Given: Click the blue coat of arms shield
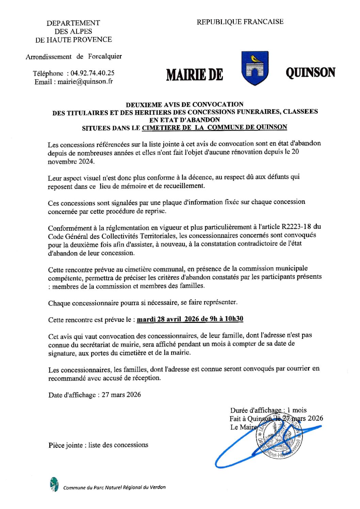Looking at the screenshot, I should tap(255, 68).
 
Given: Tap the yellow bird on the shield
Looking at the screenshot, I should tap(255, 59).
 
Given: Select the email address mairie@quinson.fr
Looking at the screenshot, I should tap(85, 82).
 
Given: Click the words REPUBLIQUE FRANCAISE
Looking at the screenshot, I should tap(240, 22).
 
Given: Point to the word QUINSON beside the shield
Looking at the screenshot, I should tap(310, 72).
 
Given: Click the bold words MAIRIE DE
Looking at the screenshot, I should tap(194, 75).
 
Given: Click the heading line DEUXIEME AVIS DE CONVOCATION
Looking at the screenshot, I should tap(185, 104).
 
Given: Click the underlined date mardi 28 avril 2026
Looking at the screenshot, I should tap(168, 319).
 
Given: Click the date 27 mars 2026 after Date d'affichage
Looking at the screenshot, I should tap(121, 395).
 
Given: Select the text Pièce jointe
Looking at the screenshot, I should tap(65, 445).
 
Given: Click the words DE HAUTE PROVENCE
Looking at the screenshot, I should tap(73, 39).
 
